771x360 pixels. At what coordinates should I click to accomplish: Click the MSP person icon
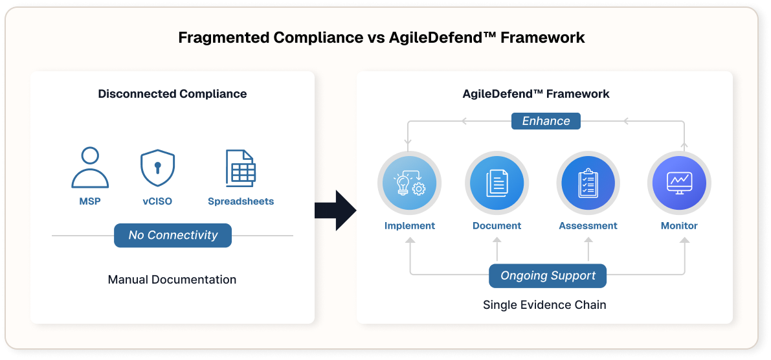tap(90, 167)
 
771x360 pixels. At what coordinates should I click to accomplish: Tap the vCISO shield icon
tap(158, 168)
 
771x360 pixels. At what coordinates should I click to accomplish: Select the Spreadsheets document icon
tap(241, 168)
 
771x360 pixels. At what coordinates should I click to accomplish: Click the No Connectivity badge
tap(173, 235)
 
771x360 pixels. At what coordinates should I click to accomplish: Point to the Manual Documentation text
tap(172, 280)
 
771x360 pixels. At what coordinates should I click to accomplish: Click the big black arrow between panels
tap(335, 210)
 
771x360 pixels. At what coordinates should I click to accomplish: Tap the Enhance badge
tap(546, 121)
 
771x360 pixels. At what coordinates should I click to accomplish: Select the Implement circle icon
tap(409, 183)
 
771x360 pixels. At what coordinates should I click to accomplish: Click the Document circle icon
tap(497, 183)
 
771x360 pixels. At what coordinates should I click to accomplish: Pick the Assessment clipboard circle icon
tap(588, 183)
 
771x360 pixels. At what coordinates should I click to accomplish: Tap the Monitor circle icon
tap(679, 183)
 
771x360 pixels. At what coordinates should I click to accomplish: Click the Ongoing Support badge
tap(548, 276)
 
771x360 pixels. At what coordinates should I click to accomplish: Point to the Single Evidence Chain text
tap(544, 304)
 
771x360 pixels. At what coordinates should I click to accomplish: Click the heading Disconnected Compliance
tap(172, 94)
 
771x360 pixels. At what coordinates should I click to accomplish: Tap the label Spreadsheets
tap(241, 201)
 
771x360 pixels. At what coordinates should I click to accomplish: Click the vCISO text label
tap(158, 201)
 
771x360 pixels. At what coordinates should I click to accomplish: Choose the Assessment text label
tap(588, 226)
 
